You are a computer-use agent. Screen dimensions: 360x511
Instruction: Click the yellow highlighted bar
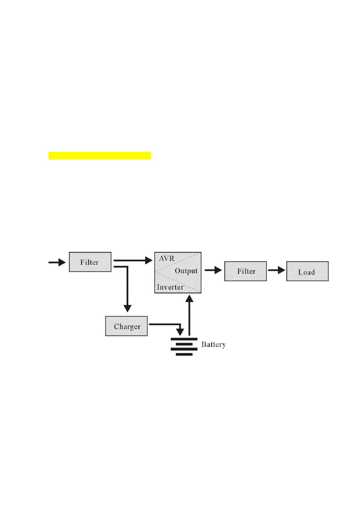coord(100,155)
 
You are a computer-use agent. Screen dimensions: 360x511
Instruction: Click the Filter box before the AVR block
coord(90,262)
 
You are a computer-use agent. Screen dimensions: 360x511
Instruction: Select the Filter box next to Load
coord(245,271)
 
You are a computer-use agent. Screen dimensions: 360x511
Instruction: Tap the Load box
coord(307,272)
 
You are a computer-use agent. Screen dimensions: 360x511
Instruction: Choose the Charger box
coord(127,327)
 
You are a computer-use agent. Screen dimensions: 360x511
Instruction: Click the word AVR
coord(166,260)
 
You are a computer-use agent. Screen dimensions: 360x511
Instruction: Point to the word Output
coord(186,271)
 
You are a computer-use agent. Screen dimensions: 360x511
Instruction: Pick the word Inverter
coord(170,287)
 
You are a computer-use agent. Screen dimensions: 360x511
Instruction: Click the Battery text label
coord(213,344)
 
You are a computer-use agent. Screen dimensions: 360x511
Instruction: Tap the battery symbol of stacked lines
coord(184,344)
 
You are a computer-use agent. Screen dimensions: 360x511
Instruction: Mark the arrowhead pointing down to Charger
coord(127,308)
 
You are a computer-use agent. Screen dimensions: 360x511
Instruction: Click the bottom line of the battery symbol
coord(184,354)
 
